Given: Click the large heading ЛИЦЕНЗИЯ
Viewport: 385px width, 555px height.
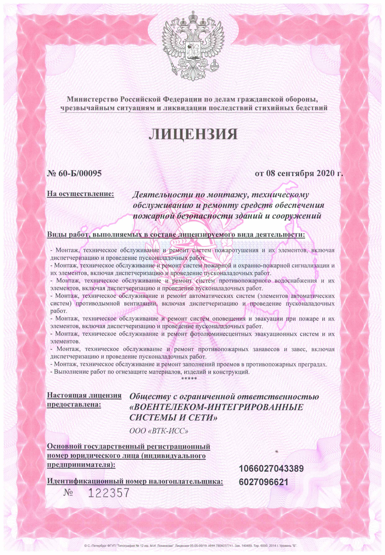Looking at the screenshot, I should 192,134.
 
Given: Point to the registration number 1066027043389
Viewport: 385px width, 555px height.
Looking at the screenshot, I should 271,468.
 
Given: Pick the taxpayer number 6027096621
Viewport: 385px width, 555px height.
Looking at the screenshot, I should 263,482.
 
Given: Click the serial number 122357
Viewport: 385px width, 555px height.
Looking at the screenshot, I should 109,493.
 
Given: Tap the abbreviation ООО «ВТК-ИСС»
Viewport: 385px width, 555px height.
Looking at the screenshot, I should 159,431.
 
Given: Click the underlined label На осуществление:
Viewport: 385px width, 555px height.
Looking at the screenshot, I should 80,193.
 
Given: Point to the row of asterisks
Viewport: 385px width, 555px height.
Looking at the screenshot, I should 189,379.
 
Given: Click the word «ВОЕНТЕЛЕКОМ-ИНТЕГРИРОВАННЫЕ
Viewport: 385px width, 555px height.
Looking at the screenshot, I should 216,407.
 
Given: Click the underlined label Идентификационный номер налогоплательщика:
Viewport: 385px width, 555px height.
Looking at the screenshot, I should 135,481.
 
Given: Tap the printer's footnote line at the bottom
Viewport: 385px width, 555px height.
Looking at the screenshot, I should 192,546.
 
